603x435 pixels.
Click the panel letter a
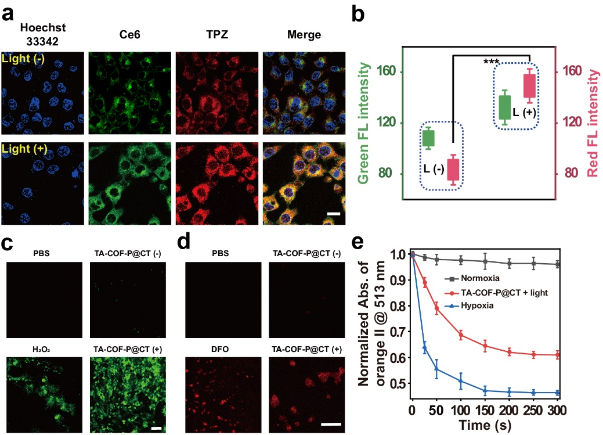coord(8,14)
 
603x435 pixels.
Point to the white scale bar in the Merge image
coord(333,214)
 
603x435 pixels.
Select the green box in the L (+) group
coord(505,107)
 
